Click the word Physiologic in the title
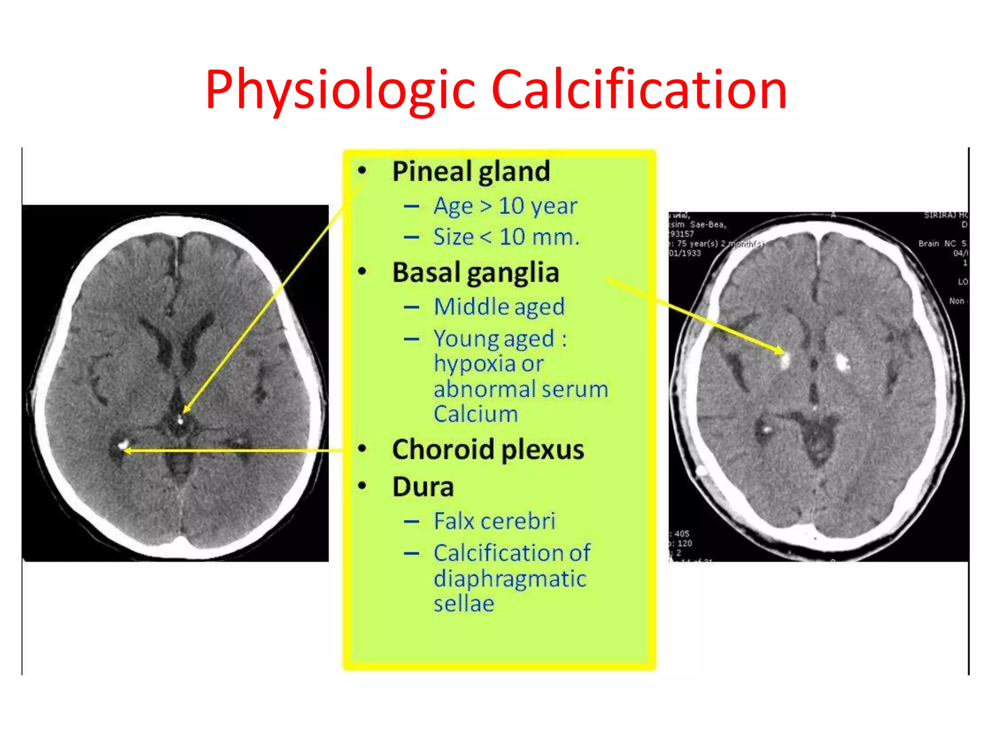point(339,90)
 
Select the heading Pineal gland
point(471,171)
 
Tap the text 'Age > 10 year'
point(505,206)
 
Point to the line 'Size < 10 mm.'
point(506,237)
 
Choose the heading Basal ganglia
point(476,273)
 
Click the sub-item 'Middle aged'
point(499,307)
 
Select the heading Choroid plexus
point(488,450)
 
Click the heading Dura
point(423,487)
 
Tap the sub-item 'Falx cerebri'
point(495,521)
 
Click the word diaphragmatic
point(510,579)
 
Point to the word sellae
point(464,604)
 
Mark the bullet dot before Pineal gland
point(362,171)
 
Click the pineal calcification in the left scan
point(180,420)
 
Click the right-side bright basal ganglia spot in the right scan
point(842,361)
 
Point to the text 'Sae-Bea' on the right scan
point(708,225)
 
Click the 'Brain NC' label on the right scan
point(937,243)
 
